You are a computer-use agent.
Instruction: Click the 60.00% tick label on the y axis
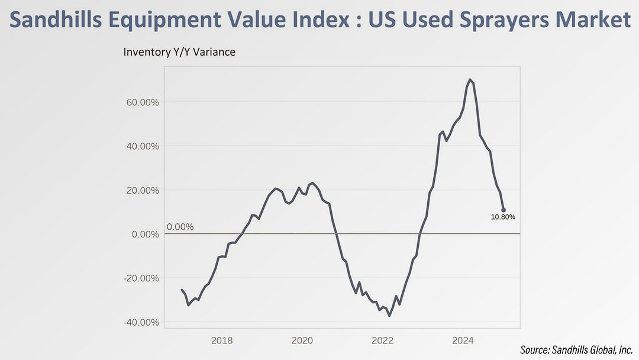point(141,102)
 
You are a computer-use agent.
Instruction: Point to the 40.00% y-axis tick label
point(141,146)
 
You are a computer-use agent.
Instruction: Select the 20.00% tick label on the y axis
point(141,190)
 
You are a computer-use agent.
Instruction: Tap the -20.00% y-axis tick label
point(140,278)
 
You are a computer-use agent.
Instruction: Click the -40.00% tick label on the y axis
point(140,322)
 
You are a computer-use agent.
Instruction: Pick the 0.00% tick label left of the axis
point(144,234)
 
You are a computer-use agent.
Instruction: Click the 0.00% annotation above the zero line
point(180,227)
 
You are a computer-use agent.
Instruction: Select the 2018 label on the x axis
point(221,340)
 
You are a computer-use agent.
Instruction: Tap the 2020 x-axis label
point(302,340)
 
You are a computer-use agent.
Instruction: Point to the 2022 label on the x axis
point(382,340)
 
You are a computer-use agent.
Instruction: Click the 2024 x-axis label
point(463,340)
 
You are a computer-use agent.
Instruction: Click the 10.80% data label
point(503,217)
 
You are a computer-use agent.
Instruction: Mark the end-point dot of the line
point(504,210)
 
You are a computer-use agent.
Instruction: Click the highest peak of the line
point(469,79)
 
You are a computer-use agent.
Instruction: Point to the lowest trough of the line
point(389,316)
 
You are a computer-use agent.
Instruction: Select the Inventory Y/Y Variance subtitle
point(179,52)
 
